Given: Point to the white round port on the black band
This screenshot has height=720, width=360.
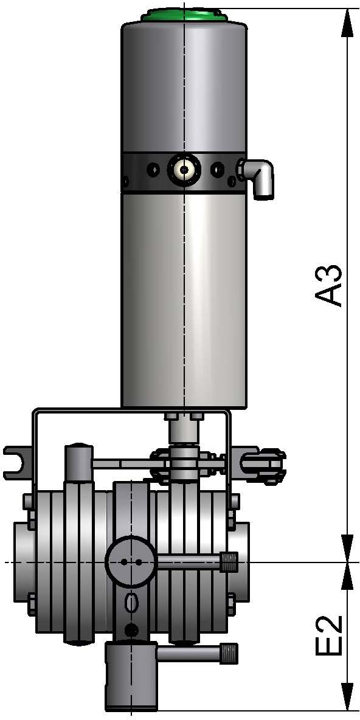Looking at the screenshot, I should [x=184, y=169].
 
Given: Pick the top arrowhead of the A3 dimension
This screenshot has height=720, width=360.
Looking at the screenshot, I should [x=347, y=22].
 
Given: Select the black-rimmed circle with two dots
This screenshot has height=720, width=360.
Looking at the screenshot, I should [x=131, y=562].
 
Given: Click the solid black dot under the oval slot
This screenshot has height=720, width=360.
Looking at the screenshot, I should [x=130, y=628].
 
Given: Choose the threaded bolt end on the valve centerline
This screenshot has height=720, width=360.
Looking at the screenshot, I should [x=229, y=561].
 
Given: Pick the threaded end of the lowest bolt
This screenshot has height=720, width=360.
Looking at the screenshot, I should [x=230, y=654].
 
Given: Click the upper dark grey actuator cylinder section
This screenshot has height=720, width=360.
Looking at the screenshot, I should [x=184, y=85].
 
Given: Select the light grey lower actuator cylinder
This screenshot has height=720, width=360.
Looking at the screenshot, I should [x=184, y=298].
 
